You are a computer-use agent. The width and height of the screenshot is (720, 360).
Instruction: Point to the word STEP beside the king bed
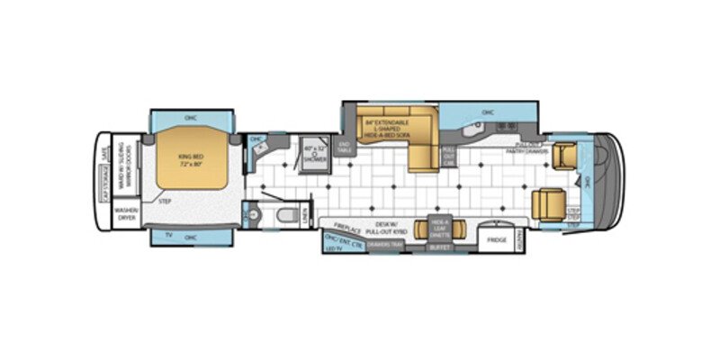click(x=165, y=201)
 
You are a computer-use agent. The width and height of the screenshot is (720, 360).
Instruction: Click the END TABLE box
click(x=343, y=148)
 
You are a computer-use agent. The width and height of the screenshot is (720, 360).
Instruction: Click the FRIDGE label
click(x=497, y=241)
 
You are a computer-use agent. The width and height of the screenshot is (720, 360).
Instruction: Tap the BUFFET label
click(x=439, y=246)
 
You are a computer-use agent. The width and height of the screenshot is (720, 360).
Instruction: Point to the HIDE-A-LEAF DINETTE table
click(x=439, y=227)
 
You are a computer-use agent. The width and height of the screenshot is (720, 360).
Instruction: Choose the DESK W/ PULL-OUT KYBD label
click(x=390, y=229)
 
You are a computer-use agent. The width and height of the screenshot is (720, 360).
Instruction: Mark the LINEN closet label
click(x=305, y=215)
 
